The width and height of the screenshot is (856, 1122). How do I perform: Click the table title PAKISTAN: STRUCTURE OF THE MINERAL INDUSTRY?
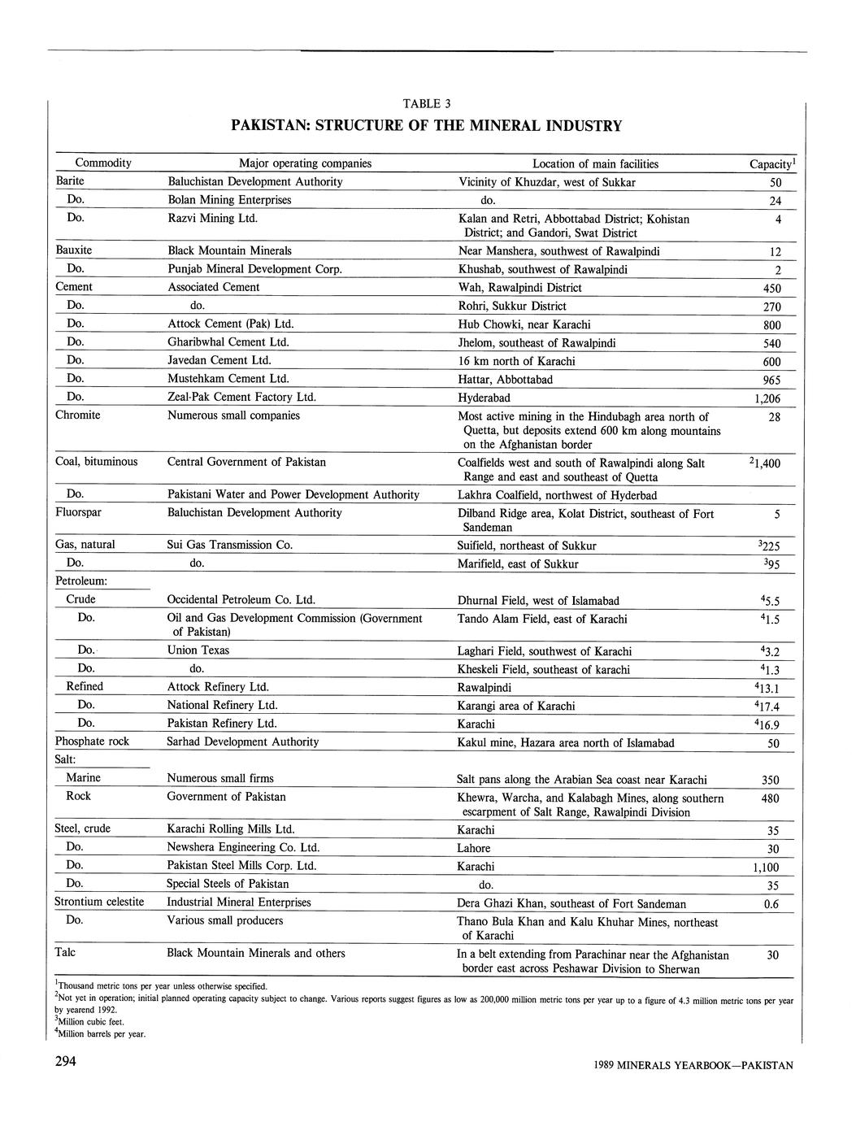(x=426, y=126)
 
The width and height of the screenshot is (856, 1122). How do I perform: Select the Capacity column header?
(x=771, y=164)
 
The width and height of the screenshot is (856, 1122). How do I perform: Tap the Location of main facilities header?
(x=595, y=163)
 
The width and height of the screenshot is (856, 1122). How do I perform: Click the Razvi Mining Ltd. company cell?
(x=212, y=218)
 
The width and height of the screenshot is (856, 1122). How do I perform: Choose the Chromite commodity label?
(x=78, y=415)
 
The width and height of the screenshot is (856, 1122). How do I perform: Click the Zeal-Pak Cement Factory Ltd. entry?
(x=241, y=397)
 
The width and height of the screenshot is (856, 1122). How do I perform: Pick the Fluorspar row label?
(x=78, y=513)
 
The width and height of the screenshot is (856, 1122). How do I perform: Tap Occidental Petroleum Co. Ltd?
(x=241, y=600)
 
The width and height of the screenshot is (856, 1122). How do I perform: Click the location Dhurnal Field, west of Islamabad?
(x=538, y=601)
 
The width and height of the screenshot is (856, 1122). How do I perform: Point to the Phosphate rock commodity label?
(x=92, y=741)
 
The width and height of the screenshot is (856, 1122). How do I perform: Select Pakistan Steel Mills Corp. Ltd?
(x=241, y=866)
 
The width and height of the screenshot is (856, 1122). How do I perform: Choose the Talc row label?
(x=65, y=952)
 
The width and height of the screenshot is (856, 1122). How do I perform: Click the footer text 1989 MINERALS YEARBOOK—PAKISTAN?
(x=693, y=1065)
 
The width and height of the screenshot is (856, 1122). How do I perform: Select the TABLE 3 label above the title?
(x=426, y=103)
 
